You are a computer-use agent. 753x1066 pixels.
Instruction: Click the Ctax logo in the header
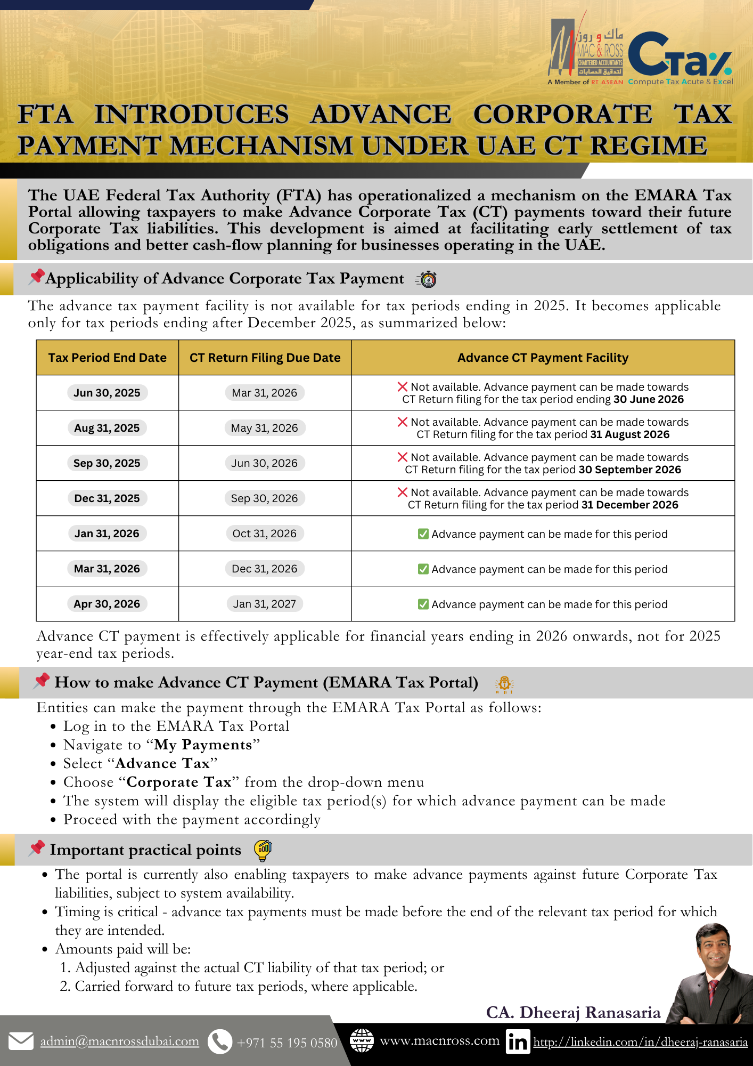[x=680, y=56]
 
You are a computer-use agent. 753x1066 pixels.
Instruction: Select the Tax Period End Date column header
[x=107, y=358]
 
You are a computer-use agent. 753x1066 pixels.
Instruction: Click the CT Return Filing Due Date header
[x=265, y=358]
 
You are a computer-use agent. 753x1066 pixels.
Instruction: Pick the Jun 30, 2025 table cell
[x=107, y=393]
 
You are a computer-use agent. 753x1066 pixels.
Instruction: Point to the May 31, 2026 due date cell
[x=265, y=428]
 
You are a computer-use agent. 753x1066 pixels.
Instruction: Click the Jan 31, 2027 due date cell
[x=265, y=604]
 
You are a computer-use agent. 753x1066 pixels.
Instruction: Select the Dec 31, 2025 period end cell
[x=107, y=498]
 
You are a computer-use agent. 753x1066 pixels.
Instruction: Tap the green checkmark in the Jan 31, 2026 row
[x=423, y=534]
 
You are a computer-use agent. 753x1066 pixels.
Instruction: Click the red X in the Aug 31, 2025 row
[x=403, y=422]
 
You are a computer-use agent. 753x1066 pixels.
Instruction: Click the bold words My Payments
[x=203, y=745]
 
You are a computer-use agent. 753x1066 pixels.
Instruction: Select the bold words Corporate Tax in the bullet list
[x=179, y=782]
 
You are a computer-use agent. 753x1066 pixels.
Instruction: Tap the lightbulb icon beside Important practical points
[x=263, y=850]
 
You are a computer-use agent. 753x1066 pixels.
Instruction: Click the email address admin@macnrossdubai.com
[x=120, y=1041]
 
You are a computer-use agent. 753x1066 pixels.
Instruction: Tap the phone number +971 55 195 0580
[x=287, y=1043]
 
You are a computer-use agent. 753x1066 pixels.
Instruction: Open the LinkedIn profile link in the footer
[x=640, y=1041]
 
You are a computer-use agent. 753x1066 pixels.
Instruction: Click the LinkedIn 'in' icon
[x=518, y=1041]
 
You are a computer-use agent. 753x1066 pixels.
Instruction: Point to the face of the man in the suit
[x=714, y=951]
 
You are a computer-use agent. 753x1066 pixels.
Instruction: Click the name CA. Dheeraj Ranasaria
[x=573, y=1012]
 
